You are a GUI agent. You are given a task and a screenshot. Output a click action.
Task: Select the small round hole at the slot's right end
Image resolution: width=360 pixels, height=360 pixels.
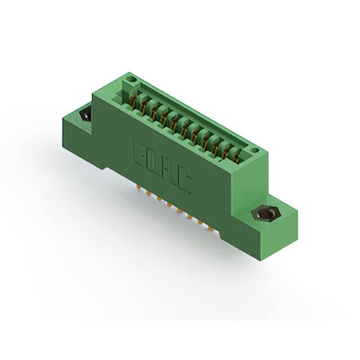point(254,150)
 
